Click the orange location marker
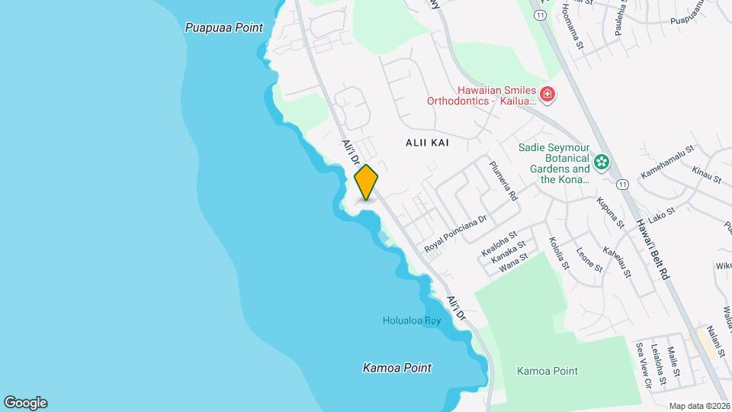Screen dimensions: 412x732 (x=366, y=182)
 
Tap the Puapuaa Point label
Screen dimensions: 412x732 (x=223, y=27)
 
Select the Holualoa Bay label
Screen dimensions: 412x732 (x=412, y=321)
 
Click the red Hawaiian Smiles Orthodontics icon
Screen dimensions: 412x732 (x=547, y=94)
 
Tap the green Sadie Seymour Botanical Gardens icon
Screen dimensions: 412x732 (x=602, y=162)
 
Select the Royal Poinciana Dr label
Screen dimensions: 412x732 (x=455, y=233)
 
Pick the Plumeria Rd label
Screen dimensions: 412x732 (x=504, y=181)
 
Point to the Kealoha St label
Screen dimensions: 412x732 (x=499, y=243)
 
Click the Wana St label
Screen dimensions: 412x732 (x=513, y=261)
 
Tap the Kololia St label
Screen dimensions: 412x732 (x=559, y=253)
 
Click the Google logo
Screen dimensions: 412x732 (x=25, y=403)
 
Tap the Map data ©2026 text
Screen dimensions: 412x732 (x=699, y=406)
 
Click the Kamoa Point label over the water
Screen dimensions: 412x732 (x=396, y=368)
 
